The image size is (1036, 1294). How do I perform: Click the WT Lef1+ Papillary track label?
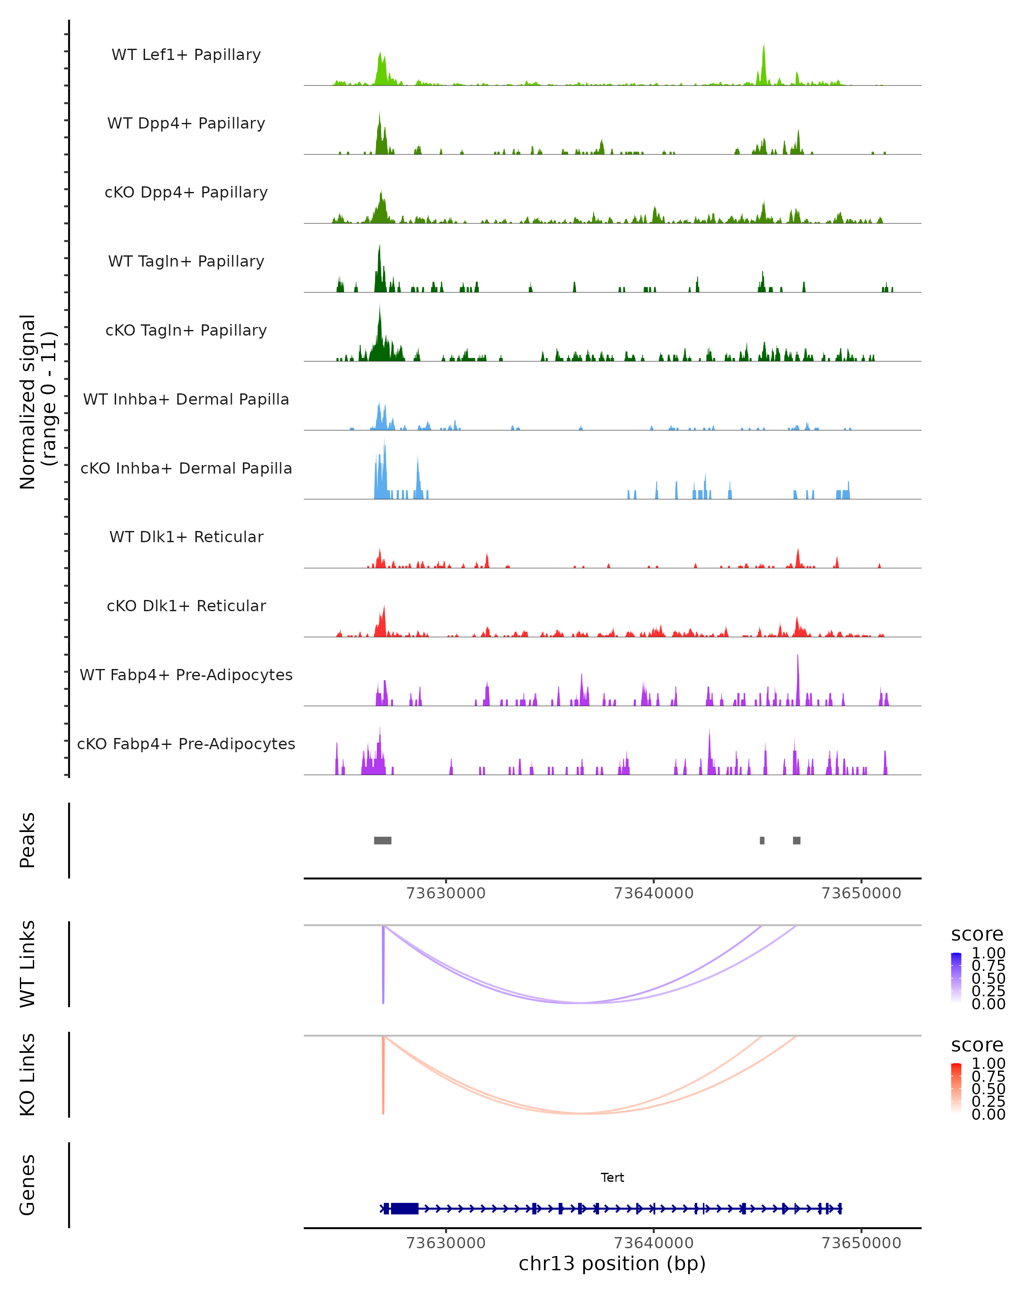point(186,55)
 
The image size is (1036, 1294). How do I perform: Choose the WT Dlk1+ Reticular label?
point(186,537)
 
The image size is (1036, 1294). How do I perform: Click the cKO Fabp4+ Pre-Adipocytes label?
point(186,744)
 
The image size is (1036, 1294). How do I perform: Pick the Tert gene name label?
point(612,1178)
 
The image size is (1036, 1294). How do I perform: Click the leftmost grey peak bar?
point(382,840)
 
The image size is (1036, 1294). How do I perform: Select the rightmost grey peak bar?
point(796,840)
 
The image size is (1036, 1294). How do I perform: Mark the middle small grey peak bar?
point(762,840)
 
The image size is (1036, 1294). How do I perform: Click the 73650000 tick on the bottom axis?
point(861,1243)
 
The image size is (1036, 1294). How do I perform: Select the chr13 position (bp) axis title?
point(612,1264)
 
